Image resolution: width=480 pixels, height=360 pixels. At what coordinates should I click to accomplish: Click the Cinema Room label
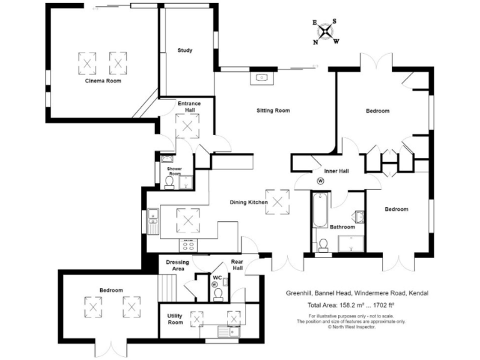tap(103, 81)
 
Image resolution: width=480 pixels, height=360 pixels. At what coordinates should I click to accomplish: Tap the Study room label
tap(184, 51)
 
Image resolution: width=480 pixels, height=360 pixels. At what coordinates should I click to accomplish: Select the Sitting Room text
tap(273, 111)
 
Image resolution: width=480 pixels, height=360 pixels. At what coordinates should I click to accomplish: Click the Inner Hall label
tap(336, 171)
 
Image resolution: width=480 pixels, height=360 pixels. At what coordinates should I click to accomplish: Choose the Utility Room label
tap(175, 319)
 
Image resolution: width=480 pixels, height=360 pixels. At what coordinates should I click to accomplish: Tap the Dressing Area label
tap(177, 266)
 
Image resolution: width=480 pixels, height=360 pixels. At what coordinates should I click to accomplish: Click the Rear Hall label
tap(237, 265)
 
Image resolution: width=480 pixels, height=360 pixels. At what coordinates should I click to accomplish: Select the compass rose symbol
tap(325, 31)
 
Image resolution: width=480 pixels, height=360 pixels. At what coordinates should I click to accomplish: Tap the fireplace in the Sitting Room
tap(262, 78)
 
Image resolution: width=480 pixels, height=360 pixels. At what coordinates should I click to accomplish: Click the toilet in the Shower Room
tap(169, 182)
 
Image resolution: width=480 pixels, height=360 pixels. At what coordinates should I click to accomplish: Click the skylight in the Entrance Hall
tap(187, 127)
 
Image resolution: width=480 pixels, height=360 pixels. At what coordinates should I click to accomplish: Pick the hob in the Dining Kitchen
tap(187, 244)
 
